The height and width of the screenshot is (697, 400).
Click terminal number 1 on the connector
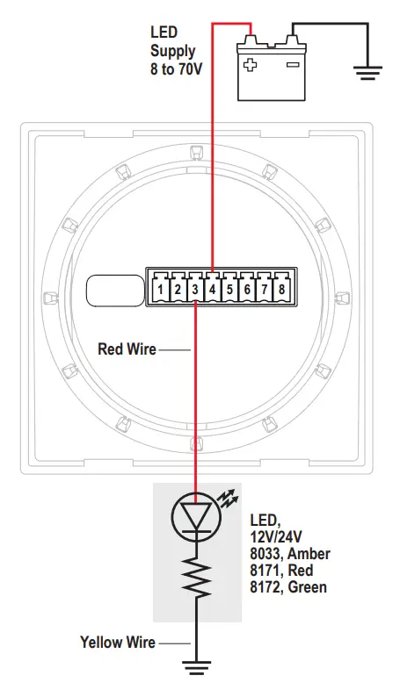pos(161,287)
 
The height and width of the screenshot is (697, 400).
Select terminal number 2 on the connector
pos(178,287)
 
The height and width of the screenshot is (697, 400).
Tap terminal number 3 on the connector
pos(195,287)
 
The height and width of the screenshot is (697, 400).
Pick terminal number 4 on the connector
pos(212,287)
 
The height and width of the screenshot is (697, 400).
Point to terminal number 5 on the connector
pos(229,287)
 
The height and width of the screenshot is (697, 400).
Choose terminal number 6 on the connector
pos(247,287)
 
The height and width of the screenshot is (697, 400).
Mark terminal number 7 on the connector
pos(264,287)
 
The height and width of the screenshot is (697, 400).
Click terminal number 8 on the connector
pos(281,287)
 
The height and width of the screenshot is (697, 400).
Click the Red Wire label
pos(127,349)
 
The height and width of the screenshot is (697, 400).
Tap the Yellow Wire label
pos(117,643)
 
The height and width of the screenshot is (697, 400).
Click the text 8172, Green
pos(288,586)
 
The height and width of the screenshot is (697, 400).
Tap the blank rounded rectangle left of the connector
pos(115,290)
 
